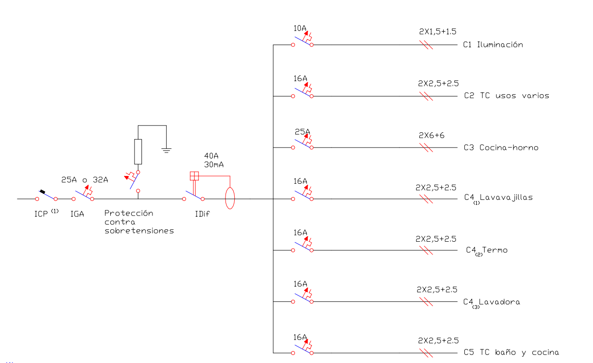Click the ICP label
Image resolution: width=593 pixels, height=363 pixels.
pos(41,214)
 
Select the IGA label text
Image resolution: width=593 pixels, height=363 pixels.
pos(77,214)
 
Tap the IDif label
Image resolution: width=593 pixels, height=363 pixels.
pos(202,214)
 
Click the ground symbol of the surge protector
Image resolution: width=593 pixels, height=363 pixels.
pos(166,151)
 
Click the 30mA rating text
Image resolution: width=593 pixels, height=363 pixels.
pos(214,164)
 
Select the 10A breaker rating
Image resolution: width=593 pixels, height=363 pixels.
pos(300,28)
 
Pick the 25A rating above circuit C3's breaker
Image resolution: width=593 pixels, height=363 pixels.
pos(302,131)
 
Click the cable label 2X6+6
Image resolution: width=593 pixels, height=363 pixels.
pos(431,135)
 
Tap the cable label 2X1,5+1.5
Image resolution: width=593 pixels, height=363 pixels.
pos(438,32)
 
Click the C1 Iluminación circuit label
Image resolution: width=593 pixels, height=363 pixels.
pos(493,45)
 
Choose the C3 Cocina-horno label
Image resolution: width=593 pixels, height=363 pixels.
pos(501,147)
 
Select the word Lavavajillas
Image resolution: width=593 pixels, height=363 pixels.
pos(506,198)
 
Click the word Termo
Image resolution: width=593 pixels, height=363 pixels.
pos(495,250)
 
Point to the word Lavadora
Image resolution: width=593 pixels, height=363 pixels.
pos(500,302)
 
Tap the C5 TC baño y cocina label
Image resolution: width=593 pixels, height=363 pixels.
pos(511,352)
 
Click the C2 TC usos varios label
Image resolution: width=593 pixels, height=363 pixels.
pos(507,96)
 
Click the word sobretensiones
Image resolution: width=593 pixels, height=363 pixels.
pos(139,231)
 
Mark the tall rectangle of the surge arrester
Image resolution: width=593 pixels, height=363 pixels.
pos(138,152)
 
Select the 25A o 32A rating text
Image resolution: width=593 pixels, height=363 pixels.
pos(85,180)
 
